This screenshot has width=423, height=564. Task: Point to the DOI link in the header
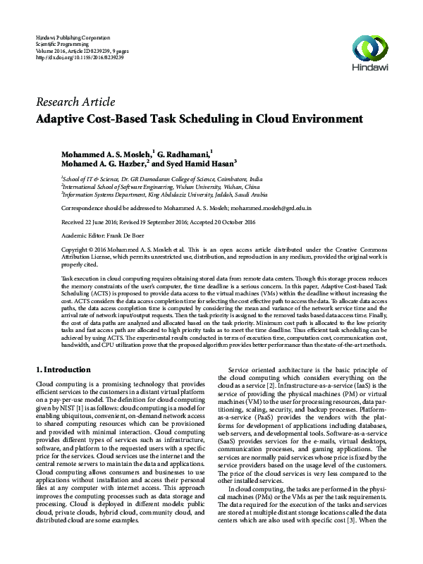79,57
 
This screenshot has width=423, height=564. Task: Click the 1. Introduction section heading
63,369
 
